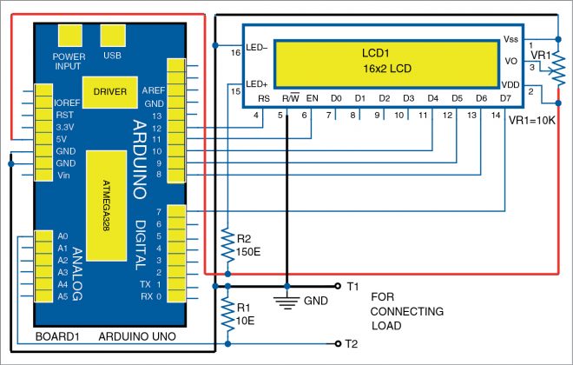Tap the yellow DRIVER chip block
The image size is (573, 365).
coord(110,90)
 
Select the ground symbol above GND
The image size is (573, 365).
coord(286,302)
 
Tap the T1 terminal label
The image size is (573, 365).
coord(352,286)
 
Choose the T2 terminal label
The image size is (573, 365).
coord(352,342)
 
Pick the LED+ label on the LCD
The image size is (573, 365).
coord(257,83)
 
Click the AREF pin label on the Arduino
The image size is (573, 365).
coord(153,90)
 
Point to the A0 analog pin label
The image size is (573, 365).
coord(62,236)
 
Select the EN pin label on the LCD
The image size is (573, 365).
coord(313,97)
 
